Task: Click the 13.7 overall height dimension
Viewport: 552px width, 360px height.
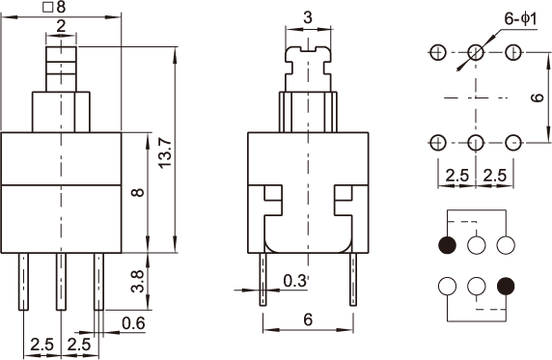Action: (x=165, y=153)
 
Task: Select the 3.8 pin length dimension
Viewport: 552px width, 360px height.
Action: (x=138, y=281)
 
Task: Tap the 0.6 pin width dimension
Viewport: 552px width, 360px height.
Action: (x=133, y=323)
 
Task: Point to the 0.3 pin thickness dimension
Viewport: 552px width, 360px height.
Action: (x=295, y=281)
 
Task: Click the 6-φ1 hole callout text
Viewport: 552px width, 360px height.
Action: (x=521, y=18)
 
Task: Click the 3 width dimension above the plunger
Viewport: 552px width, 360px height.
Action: (x=308, y=17)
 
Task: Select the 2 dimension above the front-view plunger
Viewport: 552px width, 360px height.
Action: (x=61, y=26)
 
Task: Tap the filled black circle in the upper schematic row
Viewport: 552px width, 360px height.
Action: (x=448, y=245)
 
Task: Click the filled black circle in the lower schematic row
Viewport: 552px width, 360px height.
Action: (x=506, y=286)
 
